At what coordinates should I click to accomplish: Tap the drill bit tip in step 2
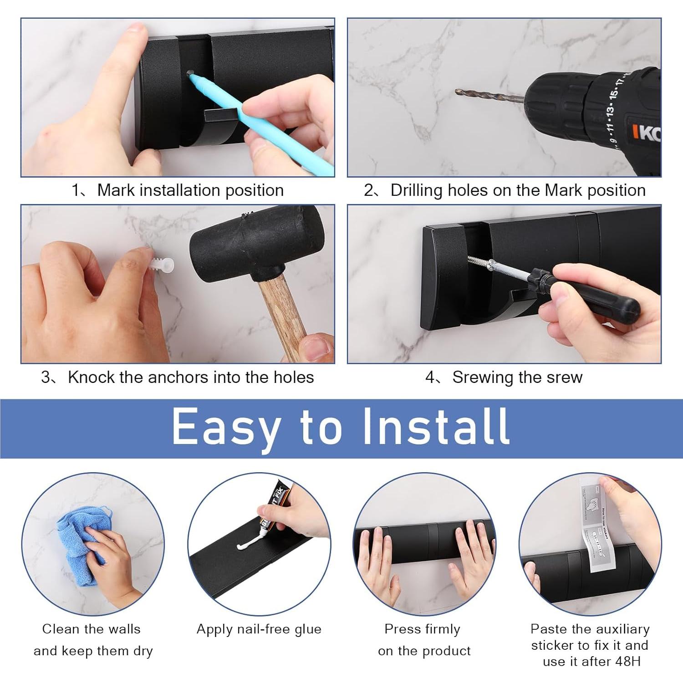click(x=458, y=92)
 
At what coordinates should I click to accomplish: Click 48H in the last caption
click(x=626, y=661)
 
